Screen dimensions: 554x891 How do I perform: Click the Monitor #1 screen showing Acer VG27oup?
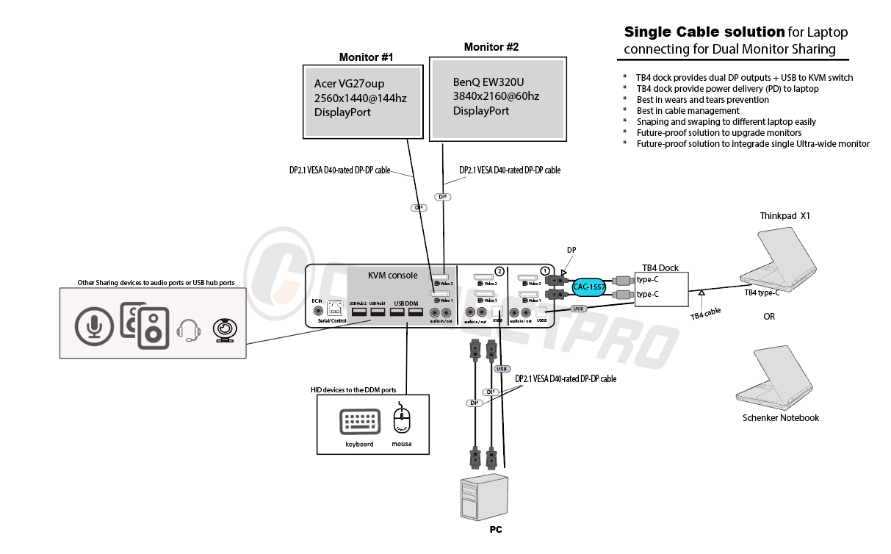tap(363, 101)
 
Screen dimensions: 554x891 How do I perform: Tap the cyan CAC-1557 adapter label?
tap(588, 287)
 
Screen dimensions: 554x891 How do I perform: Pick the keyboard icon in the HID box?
tap(359, 423)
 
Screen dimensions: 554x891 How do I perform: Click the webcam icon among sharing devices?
tap(224, 330)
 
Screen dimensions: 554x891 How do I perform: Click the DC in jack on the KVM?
tap(317, 310)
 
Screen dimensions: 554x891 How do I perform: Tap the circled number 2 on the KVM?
tap(499, 271)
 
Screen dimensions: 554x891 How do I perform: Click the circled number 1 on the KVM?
tap(544, 271)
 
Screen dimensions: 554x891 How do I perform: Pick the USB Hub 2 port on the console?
tap(359, 312)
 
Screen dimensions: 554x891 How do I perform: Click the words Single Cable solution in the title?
tap(704, 32)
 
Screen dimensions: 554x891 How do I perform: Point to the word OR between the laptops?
tap(769, 317)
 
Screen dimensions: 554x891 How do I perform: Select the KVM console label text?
tap(392, 276)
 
